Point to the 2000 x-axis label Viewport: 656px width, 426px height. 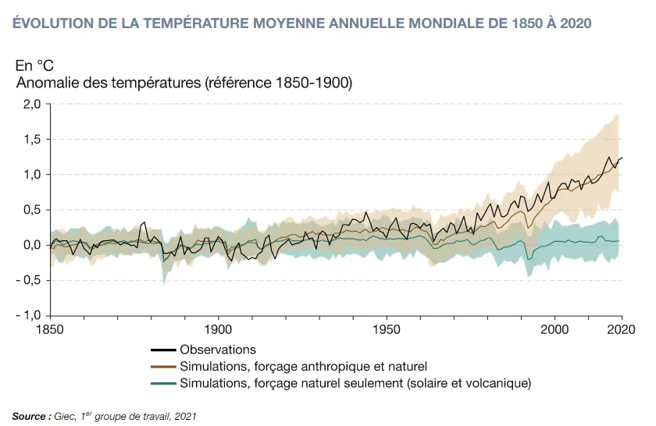tap(555, 328)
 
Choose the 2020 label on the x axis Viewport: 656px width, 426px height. tap(621, 328)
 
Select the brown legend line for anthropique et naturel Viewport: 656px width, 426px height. tap(162, 367)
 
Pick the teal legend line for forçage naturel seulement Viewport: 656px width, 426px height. tap(162, 383)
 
